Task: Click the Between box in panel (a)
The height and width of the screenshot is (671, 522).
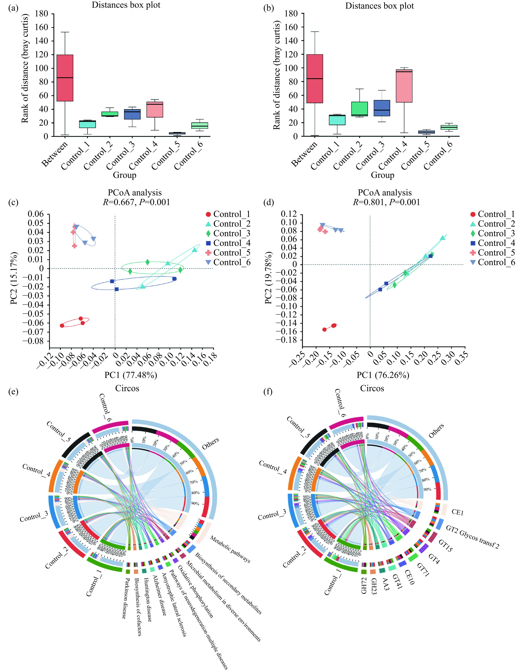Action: pos(65,78)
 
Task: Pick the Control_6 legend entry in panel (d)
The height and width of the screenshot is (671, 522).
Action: pos(492,262)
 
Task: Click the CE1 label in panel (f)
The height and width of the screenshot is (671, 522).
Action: pos(457,513)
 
